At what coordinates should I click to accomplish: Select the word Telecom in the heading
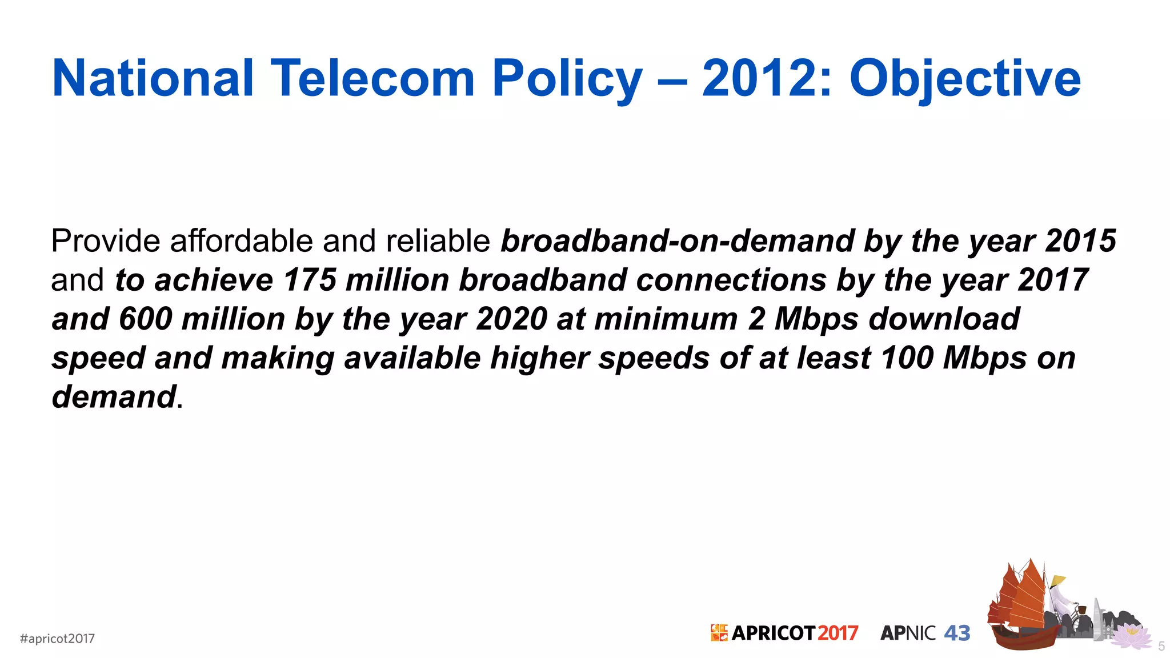pyautogui.click(x=372, y=78)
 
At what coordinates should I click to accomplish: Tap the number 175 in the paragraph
pyautogui.click(x=310, y=280)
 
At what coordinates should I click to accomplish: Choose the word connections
pyautogui.click(x=731, y=280)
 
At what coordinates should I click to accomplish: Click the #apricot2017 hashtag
pyautogui.click(x=57, y=639)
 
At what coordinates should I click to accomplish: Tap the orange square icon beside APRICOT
pyautogui.click(x=719, y=633)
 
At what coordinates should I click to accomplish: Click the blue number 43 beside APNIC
pyautogui.click(x=957, y=633)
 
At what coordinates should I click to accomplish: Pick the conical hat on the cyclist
pyautogui.click(x=1058, y=580)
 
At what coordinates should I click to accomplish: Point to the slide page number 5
pyautogui.click(x=1161, y=647)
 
